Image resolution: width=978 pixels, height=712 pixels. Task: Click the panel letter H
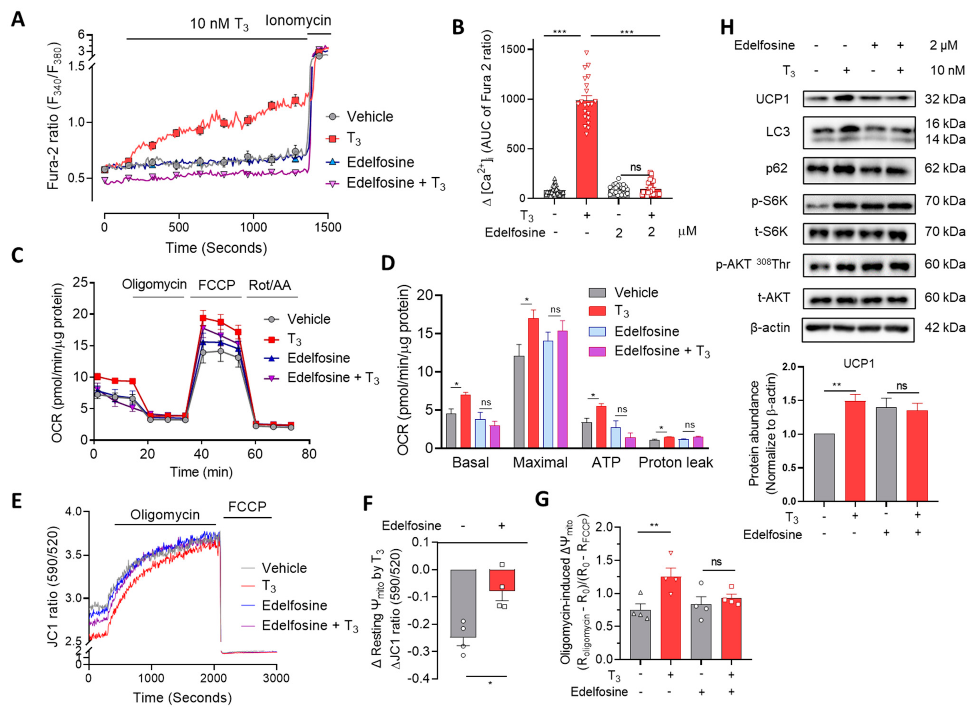(x=727, y=27)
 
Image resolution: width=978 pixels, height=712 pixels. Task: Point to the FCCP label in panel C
(x=217, y=285)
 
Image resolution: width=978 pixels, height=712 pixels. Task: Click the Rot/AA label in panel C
(x=270, y=285)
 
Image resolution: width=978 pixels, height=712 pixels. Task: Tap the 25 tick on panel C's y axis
(x=80, y=282)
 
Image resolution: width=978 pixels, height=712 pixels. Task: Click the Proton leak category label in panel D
(x=675, y=463)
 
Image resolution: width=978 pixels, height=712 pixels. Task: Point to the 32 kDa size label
(x=944, y=99)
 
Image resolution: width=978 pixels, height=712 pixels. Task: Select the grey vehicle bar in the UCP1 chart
(x=824, y=467)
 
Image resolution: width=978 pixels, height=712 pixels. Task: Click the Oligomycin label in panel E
(x=165, y=515)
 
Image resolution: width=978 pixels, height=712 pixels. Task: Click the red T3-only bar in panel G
(x=671, y=618)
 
